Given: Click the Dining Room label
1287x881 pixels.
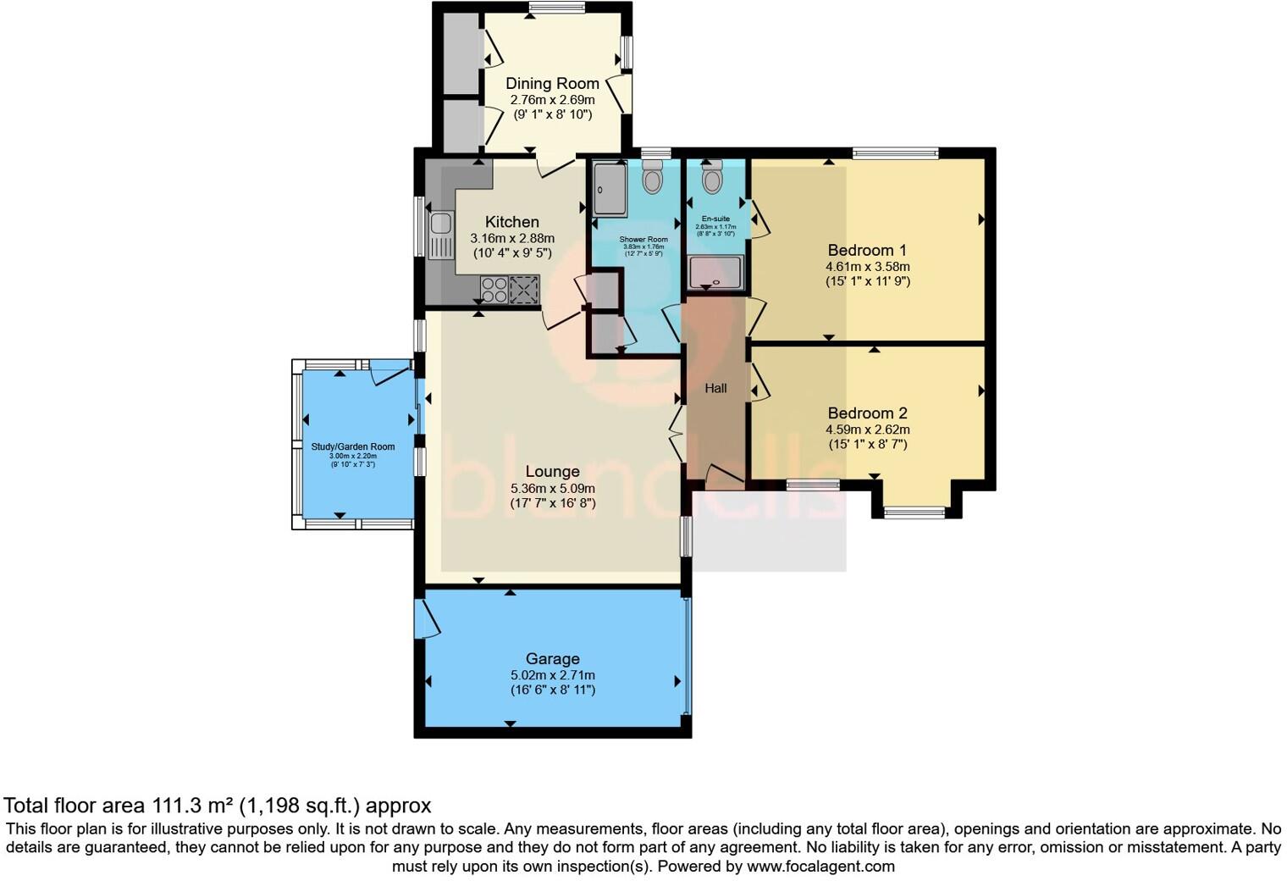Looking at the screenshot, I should click(x=552, y=83).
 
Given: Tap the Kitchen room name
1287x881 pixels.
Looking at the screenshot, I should click(x=511, y=222).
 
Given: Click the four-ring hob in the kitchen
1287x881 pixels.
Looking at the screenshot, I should click(x=494, y=290).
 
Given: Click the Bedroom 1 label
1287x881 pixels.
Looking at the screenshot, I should click(x=867, y=250).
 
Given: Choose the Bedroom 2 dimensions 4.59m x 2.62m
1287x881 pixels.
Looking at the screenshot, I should click(x=867, y=429).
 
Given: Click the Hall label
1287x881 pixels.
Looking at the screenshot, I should click(x=715, y=389).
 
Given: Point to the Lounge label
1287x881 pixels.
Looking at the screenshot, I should click(x=552, y=472).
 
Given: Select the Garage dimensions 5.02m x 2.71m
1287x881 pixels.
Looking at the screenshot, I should click(x=552, y=675).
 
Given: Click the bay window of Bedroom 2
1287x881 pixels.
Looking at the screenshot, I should click(x=914, y=511).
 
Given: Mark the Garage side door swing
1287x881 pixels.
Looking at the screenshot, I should click(x=426, y=619).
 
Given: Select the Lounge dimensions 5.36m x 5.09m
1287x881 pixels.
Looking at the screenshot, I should click(x=552, y=489).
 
